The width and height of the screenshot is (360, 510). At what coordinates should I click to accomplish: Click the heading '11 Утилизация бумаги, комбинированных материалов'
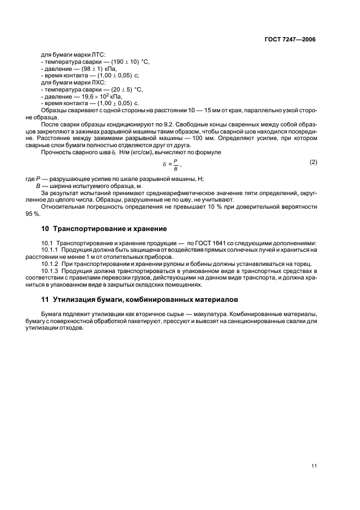136,300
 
